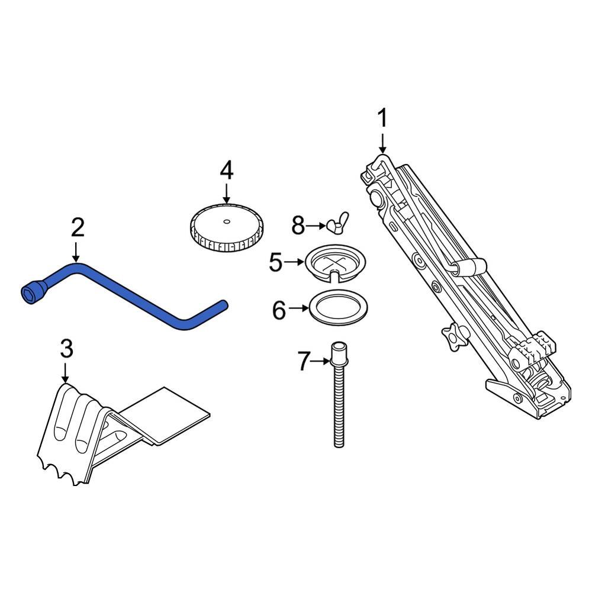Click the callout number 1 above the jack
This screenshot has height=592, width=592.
[x=382, y=118]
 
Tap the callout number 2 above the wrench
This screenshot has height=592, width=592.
[x=78, y=228]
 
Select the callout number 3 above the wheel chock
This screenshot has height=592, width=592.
[x=66, y=349]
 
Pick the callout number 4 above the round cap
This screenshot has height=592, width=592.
[x=226, y=170]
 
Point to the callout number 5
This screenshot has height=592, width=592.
[x=276, y=262]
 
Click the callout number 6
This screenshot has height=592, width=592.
[x=279, y=310]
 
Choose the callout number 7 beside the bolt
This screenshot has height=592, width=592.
[x=303, y=361]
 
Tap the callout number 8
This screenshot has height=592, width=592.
[x=298, y=226]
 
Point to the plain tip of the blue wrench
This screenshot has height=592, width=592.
[x=223, y=304]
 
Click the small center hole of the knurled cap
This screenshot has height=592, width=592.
[x=226, y=222]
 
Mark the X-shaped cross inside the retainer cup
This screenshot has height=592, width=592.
[x=336, y=263]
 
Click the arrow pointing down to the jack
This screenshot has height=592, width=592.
[x=382, y=143]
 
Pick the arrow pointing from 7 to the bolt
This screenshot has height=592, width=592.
[x=320, y=361]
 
